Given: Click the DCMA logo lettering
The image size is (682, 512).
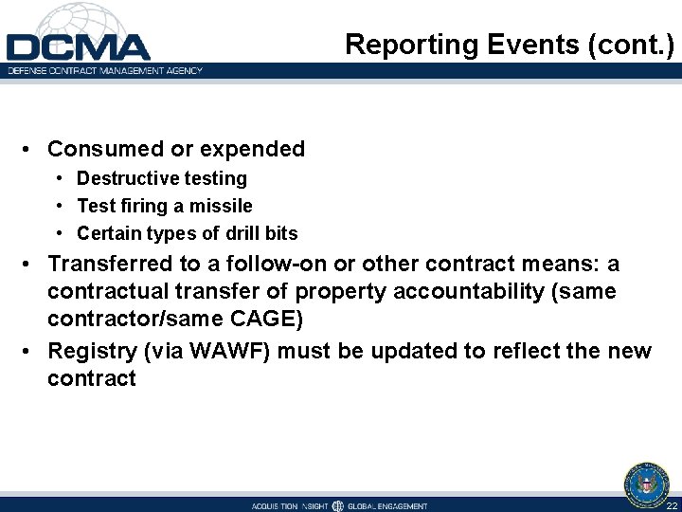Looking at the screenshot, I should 78,47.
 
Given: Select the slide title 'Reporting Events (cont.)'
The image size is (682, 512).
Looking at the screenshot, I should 509,45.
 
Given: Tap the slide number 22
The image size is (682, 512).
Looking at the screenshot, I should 671,505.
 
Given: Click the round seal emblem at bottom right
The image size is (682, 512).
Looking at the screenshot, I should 646,483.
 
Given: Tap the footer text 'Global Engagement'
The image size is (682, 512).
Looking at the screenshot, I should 387,505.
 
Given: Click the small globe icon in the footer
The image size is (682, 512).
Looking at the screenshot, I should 338,505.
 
